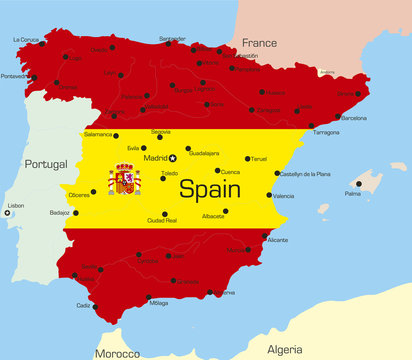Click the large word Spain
click(209, 187)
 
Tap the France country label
click(259, 43)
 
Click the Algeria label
click(285, 349)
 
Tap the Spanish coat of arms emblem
click(125, 180)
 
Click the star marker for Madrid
click(172, 158)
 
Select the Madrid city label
click(155, 158)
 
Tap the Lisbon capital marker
click(7, 212)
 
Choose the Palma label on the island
click(352, 194)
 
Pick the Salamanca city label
click(98, 133)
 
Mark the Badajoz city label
click(59, 212)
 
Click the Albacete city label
click(212, 215)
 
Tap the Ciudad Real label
click(162, 220)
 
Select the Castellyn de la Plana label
click(303, 174)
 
